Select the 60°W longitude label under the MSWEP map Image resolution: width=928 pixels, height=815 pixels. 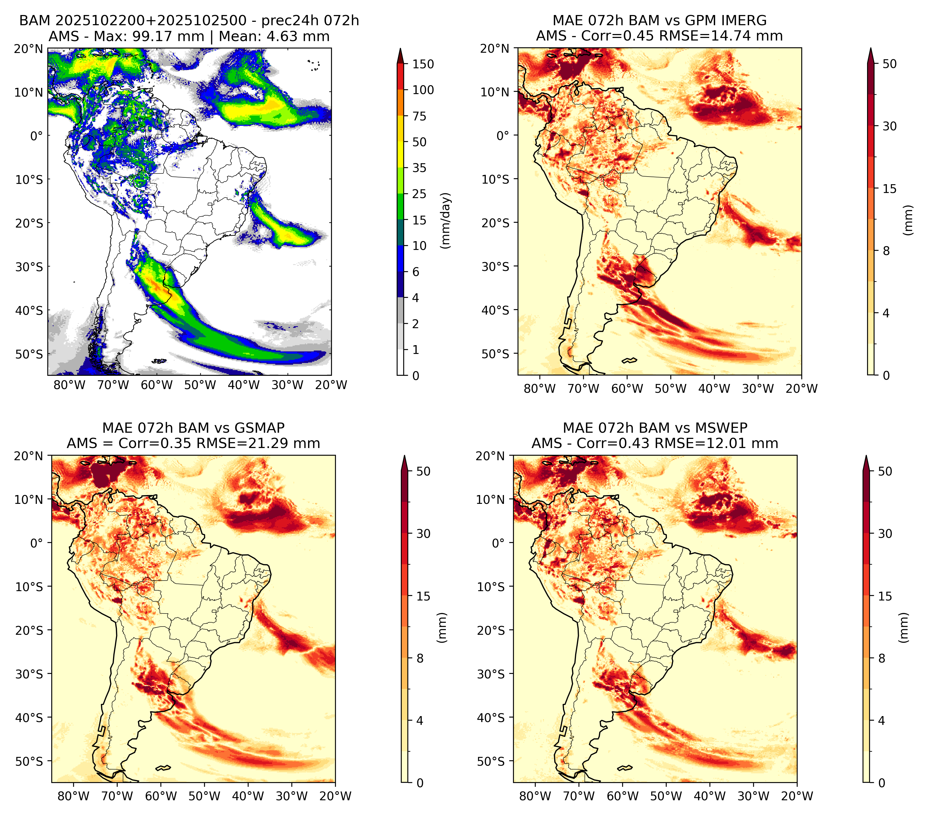click(622, 796)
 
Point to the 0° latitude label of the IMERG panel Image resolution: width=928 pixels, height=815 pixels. click(503, 135)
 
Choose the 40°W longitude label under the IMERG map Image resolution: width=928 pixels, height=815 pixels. click(714, 389)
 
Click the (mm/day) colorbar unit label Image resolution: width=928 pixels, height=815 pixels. click(446, 220)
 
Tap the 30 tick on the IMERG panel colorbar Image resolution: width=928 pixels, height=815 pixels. click(889, 126)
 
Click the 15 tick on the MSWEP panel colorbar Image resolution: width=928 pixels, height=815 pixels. click(885, 596)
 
